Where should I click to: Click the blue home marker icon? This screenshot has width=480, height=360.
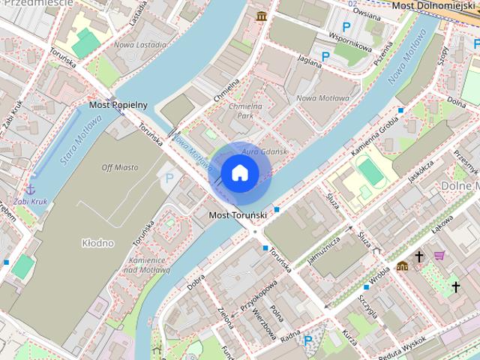[239, 172]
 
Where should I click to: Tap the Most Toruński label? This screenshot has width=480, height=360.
[238, 216]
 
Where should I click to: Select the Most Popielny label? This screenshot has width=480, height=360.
[118, 105]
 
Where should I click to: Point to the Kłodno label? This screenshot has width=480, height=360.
[97, 243]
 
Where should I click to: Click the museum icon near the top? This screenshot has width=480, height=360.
[261, 16]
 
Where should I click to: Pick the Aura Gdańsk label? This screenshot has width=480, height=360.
[264, 152]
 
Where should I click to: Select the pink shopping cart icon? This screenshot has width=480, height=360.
[439, 256]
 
